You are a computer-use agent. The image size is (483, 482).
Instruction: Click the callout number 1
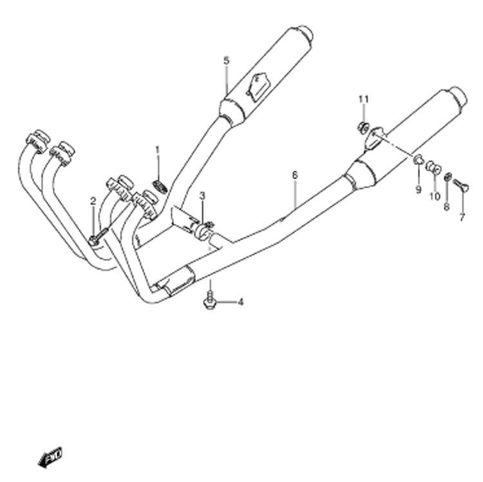(x=158, y=150)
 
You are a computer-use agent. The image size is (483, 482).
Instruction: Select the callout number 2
(x=93, y=202)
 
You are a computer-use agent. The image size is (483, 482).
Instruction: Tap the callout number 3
(x=202, y=195)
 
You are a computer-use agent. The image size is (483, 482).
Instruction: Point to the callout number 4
(x=241, y=302)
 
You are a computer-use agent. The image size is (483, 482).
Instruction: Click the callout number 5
(x=227, y=61)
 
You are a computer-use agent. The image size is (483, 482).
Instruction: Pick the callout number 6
(x=295, y=175)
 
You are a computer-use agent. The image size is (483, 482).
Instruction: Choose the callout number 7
(x=462, y=217)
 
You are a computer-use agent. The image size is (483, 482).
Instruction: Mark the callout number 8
(x=447, y=207)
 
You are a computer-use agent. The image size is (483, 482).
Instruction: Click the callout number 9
(x=419, y=190)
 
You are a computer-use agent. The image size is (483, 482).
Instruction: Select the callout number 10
(x=435, y=197)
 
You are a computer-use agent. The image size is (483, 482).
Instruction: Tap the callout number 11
(x=363, y=99)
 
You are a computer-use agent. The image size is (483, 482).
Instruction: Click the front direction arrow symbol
(x=50, y=457)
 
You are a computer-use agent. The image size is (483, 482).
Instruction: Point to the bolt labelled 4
(x=209, y=300)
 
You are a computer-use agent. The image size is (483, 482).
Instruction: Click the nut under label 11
(x=363, y=127)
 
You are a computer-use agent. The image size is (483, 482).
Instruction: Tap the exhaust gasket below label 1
(x=160, y=187)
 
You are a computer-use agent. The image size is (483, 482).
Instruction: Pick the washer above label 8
(x=448, y=177)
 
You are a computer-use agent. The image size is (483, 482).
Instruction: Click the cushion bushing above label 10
(x=433, y=167)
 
